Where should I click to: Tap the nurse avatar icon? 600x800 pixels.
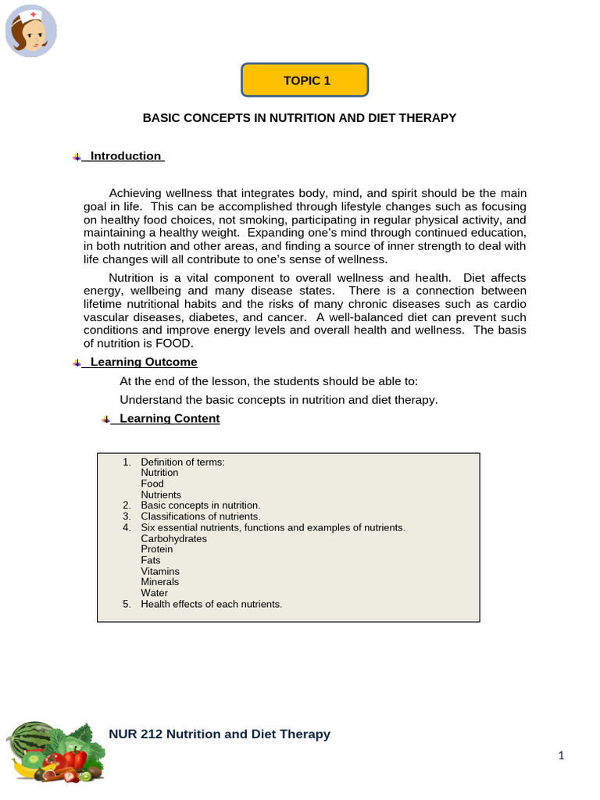[31, 31]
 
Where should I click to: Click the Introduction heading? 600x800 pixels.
[125, 156]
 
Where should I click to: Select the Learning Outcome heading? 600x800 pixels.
[144, 362]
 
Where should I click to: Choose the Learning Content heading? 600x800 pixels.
[170, 419]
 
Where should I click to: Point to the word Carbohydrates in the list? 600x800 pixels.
[173, 539]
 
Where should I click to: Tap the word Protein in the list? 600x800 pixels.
[157, 549]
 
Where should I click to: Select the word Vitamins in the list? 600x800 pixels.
[159, 571]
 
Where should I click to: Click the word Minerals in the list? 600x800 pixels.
[159, 582]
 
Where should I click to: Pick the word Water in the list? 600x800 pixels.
[154, 593]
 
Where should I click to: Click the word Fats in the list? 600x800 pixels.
[151, 560]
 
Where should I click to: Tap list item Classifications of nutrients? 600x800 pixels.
[200, 516]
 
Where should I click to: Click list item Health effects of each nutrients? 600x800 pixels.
[211, 604]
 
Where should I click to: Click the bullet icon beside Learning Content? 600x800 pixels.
[105, 420]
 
